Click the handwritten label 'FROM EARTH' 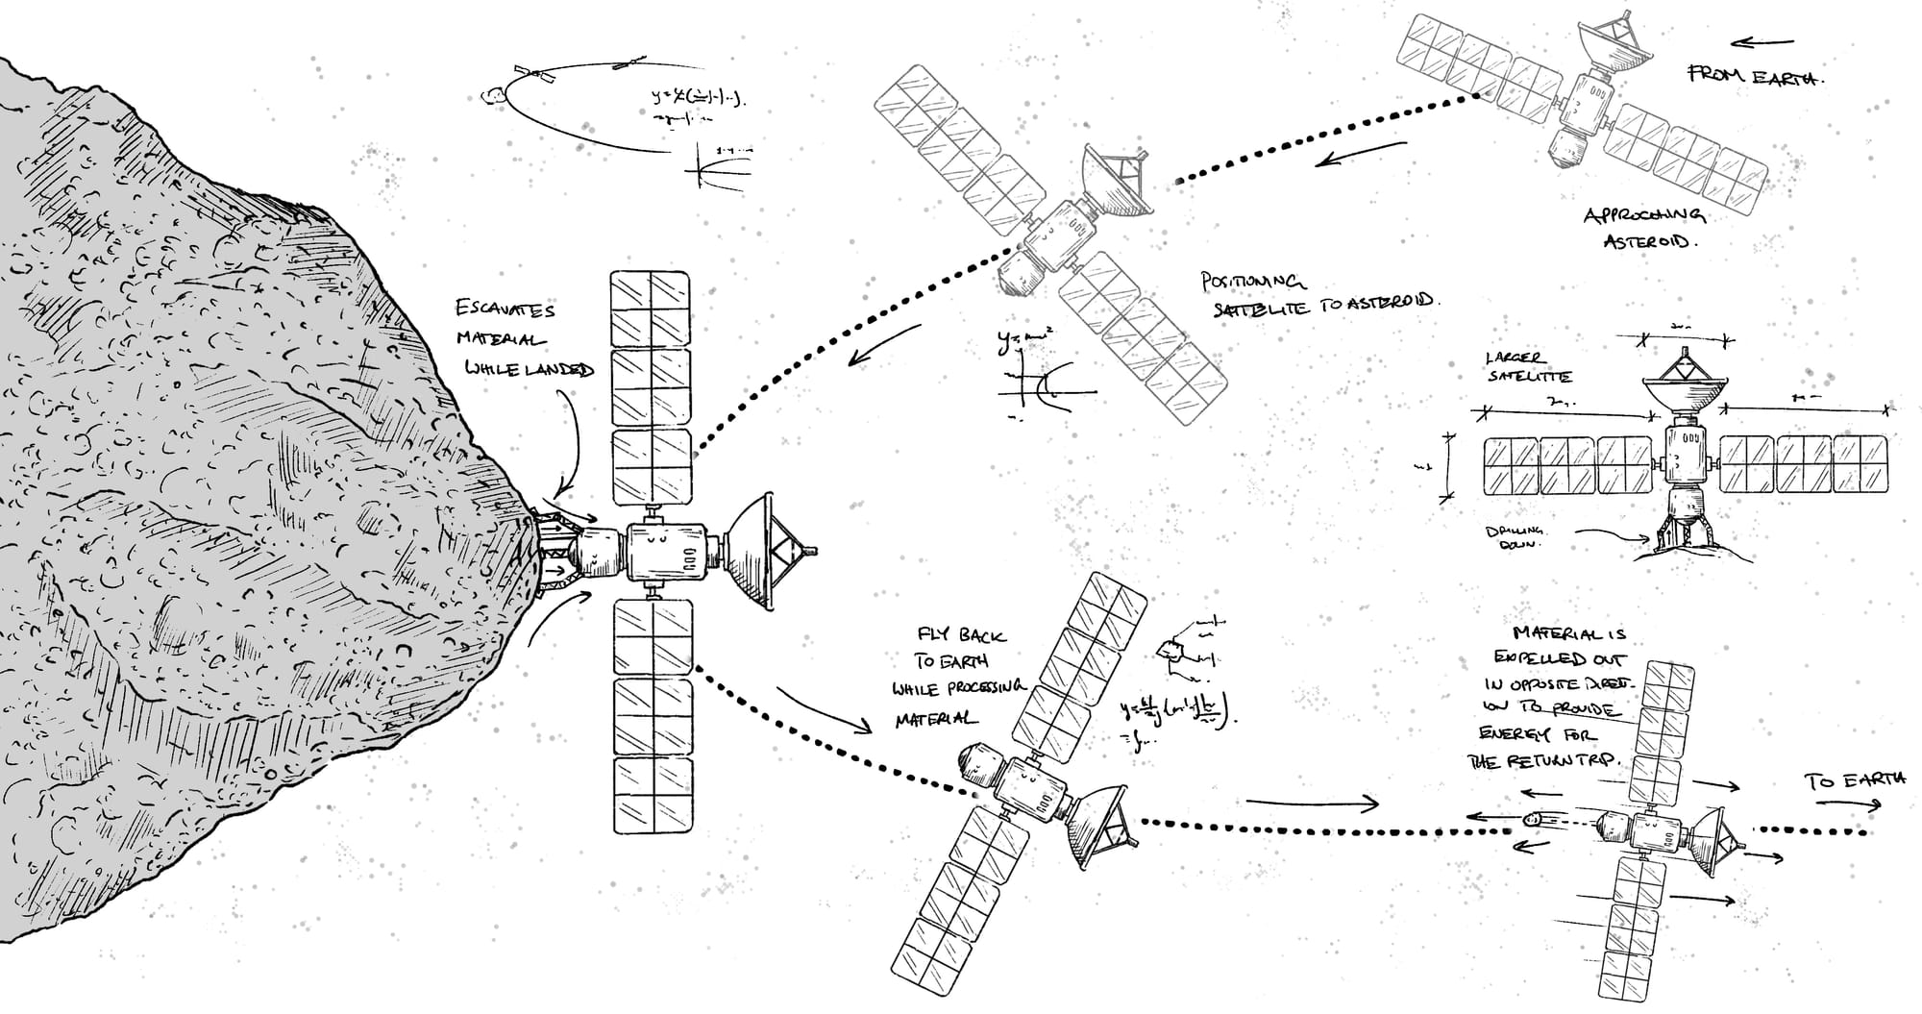pos(1756,76)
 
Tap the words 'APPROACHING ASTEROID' pos(1644,228)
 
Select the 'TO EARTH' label pos(1856,780)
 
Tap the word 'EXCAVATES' pos(505,309)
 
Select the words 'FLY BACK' pos(961,635)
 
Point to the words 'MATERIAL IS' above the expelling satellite pos(1568,633)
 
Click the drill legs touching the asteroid pos(555,552)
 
